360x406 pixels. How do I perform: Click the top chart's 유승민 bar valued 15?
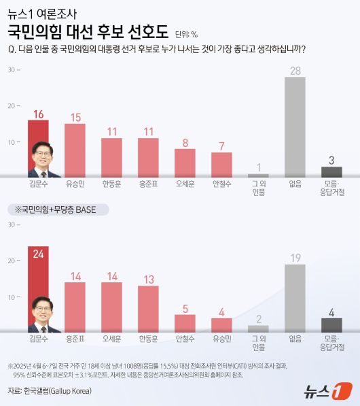[75, 150]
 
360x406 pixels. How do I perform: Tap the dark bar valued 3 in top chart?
[331, 171]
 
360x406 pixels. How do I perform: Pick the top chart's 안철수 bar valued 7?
[221, 164]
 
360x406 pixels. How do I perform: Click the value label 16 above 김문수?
[38, 114]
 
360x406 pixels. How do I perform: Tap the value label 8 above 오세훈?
[185, 143]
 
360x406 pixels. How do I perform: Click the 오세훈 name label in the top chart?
[185, 184]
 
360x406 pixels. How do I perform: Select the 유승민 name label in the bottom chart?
[221, 339]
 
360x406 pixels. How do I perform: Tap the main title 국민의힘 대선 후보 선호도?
[89, 32]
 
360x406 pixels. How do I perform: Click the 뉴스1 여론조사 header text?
[43, 12]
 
